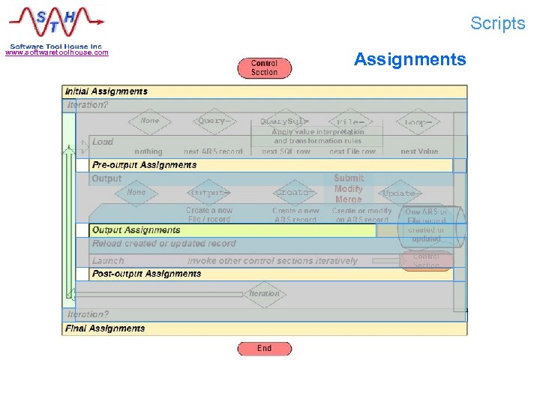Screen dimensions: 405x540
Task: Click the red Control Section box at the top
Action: [264, 68]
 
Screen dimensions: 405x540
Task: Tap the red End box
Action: [264, 348]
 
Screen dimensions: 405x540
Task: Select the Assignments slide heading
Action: [409, 59]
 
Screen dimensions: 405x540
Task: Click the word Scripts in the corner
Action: [498, 23]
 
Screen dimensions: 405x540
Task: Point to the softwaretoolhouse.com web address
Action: [57, 52]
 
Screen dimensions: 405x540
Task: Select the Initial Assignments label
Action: [106, 91]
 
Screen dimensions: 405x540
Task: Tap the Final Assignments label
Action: [105, 328]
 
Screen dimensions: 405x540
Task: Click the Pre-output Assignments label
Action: [144, 165]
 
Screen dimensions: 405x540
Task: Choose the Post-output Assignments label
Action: [146, 274]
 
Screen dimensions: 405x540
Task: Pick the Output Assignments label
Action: [136, 230]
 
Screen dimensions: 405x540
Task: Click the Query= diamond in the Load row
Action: [213, 121]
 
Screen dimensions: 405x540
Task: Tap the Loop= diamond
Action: [417, 122]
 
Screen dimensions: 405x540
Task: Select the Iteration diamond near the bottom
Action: [264, 294]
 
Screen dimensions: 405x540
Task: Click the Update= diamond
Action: [399, 193]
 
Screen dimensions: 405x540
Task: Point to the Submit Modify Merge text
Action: [349, 189]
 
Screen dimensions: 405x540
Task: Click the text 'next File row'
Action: [352, 151]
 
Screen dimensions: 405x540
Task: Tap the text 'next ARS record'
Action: [214, 151]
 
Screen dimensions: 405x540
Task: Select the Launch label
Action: [108, 261]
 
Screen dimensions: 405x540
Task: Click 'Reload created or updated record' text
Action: [163, 244]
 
